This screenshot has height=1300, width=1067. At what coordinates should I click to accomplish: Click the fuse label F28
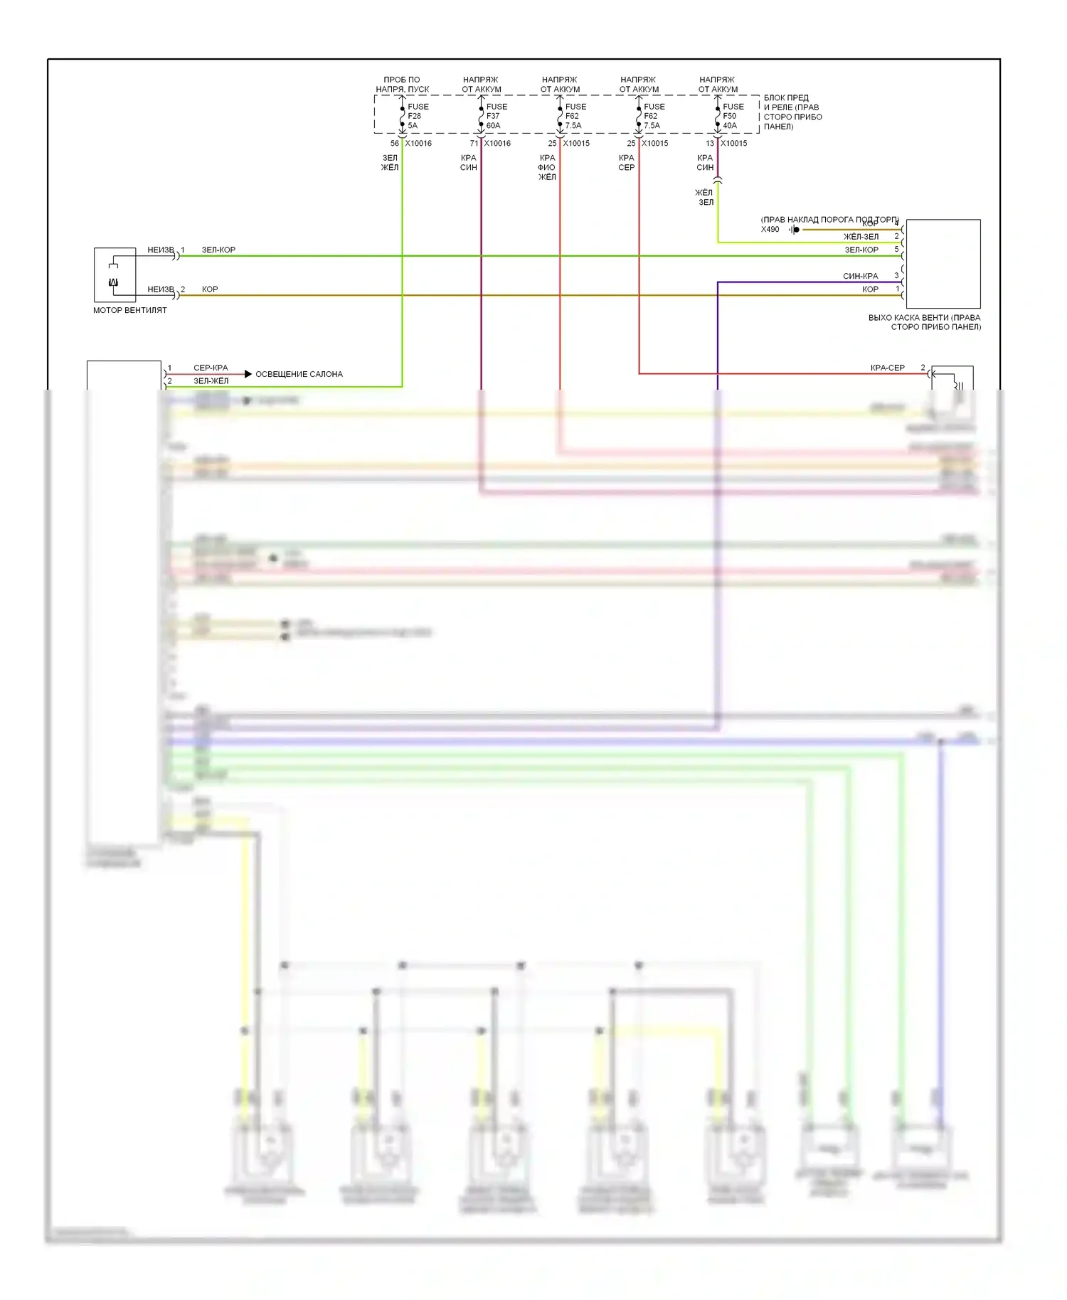pyautogui.click(x=414, y=116)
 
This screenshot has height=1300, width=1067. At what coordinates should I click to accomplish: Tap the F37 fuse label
pyautogui.click(x=493, y=116)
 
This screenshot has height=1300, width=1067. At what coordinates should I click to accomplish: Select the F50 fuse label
pyautogui.click(x=729, y=116)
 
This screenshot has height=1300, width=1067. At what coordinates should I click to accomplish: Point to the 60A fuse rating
pyautogui.click(x=493, y=126)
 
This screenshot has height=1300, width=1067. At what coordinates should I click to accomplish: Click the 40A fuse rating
pyautogui.click(x=730, y=126)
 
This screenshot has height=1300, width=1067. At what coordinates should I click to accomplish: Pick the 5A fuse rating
pyautogui.click(x=413, y=126)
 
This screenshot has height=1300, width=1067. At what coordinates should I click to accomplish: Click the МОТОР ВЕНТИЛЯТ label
pyautogui.click(x=130, y=310)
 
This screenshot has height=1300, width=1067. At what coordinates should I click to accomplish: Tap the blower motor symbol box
pyautogui.click(x=115, y=275)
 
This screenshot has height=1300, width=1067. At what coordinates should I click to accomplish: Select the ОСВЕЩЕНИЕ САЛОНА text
pyautogui.click(x=299, y=374)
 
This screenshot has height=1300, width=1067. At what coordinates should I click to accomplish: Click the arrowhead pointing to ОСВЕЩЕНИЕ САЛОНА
pyautogui.click(x=248, y=374)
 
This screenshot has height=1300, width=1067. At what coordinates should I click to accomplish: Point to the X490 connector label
pyautogui.click(x=770, y=229)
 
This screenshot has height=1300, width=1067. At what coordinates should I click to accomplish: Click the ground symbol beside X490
pyautogui.click(x=795, y=230)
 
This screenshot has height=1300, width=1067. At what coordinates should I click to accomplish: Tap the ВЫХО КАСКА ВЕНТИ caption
pyautogui.click(x=924, y=322)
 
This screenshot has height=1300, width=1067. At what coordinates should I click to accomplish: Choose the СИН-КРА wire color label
pyautogui.click(x=860, y=276)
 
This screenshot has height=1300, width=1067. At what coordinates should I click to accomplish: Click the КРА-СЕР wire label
pyautogui.click(x=887, y=368)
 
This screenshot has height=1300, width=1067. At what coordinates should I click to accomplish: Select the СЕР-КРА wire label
pyautogui.click(x=211, y=368)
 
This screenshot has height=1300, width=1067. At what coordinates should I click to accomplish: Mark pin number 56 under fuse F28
pyautogui.click(x=394, y=144)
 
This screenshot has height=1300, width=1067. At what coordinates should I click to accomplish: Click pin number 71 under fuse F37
pyautogui.click(x=474, y=144)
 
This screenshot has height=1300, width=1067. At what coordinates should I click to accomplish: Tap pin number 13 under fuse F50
pyautogui.click(x=709, y=144)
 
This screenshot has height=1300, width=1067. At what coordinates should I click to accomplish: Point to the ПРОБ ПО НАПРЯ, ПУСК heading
pyautogui.click(x=402, y=85)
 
